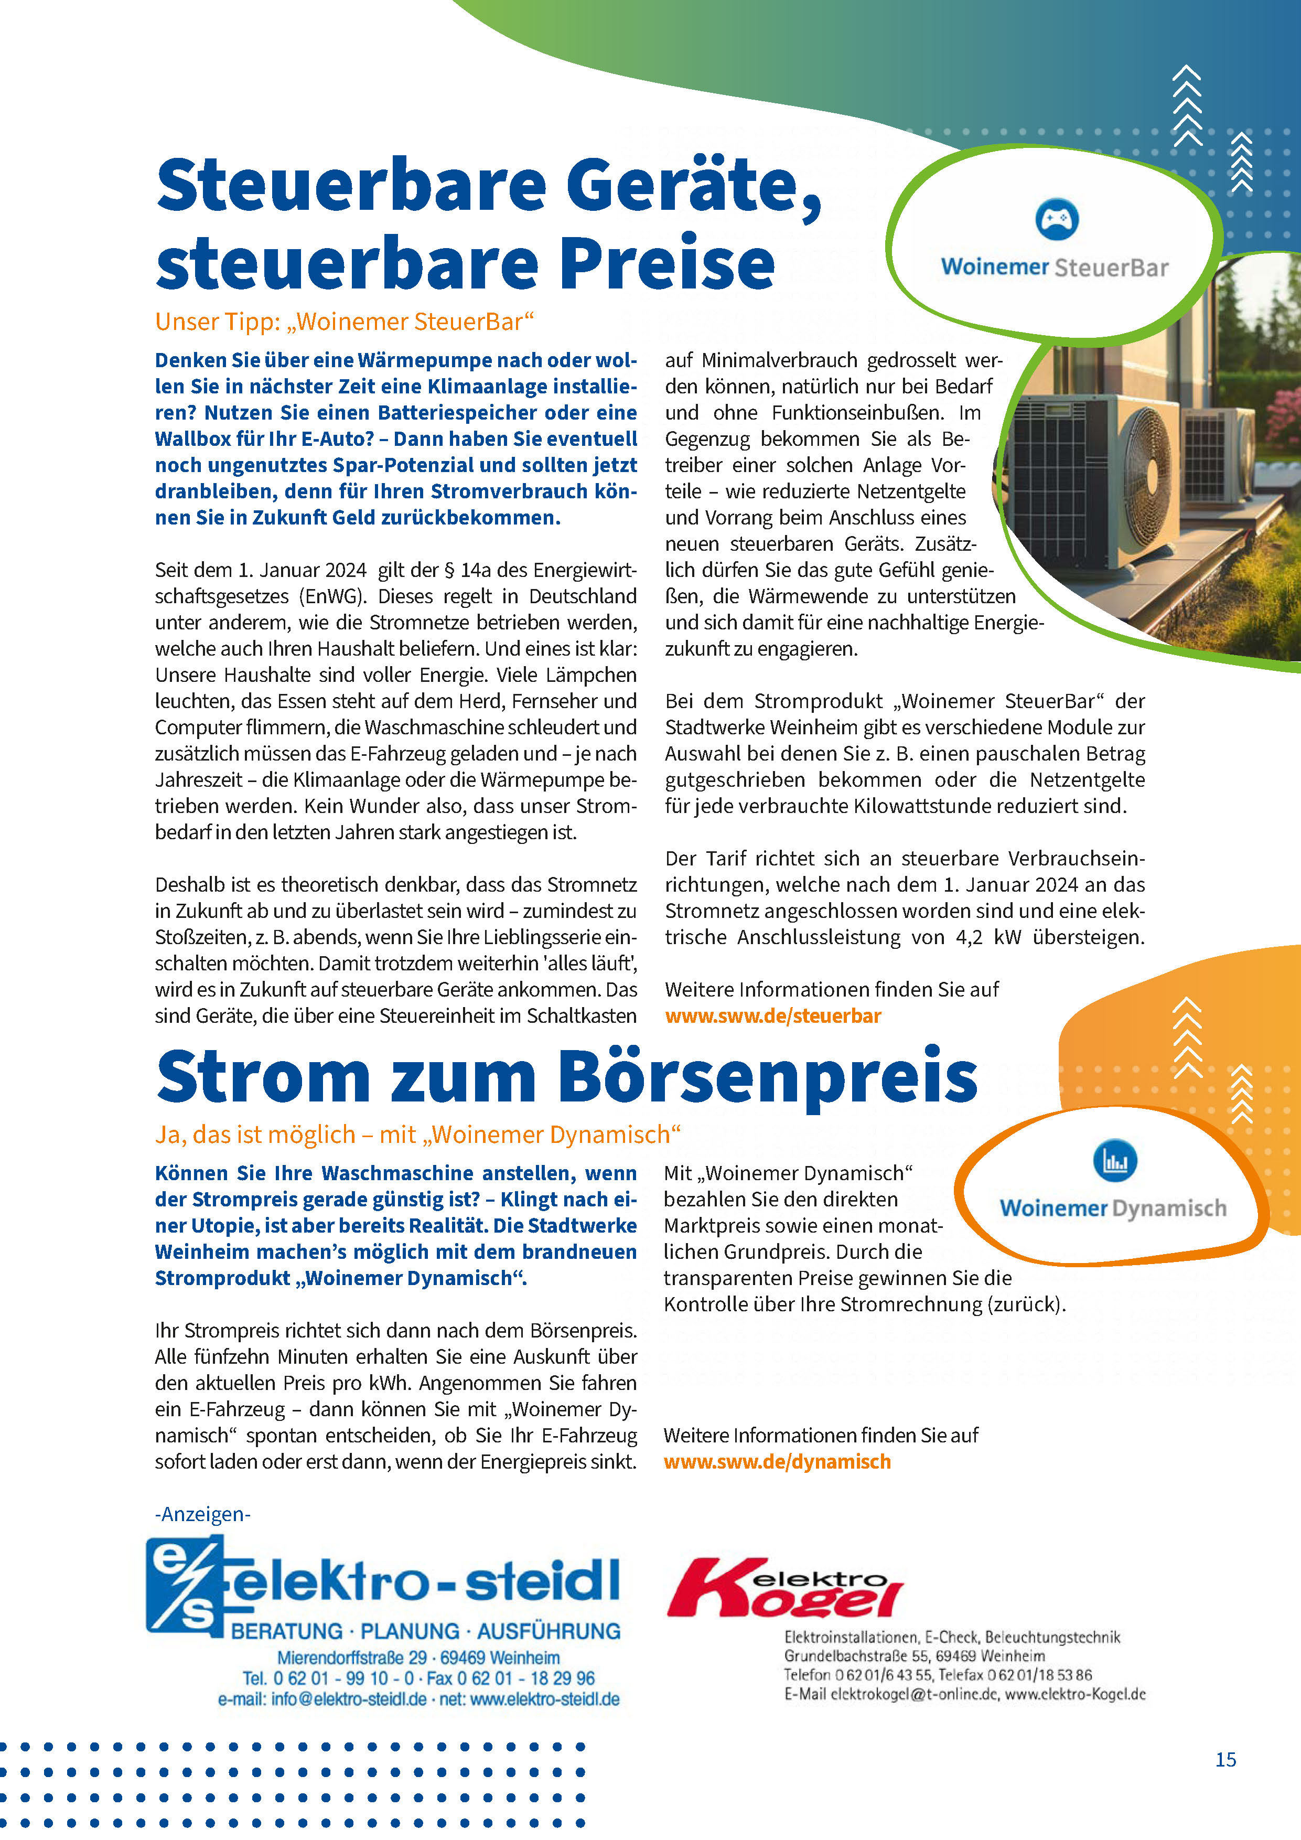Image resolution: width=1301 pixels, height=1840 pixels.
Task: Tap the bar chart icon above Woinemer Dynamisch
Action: point(1114,1160)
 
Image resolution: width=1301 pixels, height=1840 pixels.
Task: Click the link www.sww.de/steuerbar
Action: point(772,1015)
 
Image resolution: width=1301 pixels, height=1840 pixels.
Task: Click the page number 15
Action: point(1225,1759)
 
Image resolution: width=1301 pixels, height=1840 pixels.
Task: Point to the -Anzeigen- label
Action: point(203,1514)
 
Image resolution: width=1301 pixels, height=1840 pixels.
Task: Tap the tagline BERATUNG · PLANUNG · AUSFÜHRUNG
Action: point(425,1631)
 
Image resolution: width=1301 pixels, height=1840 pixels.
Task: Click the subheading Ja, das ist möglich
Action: point(255,1135)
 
